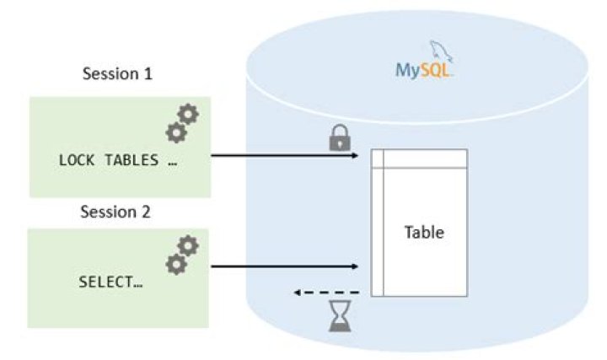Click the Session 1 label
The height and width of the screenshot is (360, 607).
pyautogui.click(x=117, y=73)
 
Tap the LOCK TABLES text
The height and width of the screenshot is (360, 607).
pyautogui.click(x=117, y=160)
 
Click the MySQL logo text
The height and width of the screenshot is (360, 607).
pyautogui.click(x=425, y=68)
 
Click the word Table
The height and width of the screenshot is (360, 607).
pyautogui.click(x=424, y=232)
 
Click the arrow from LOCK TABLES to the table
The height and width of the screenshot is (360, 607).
pyautogui.click(x=287, y=156)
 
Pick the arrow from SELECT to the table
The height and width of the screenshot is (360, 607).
pyautogui.click(x=287, y=267)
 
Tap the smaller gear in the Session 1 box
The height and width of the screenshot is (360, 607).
pyautogui.click(x=175, y=132)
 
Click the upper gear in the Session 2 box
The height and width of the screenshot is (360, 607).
pyautogui.click(x=188, y=246)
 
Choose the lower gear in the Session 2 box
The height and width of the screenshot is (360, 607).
pyautogui.click(x=175, y=264)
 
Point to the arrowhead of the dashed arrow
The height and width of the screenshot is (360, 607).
pyautogui.click(x=298, y=292)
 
